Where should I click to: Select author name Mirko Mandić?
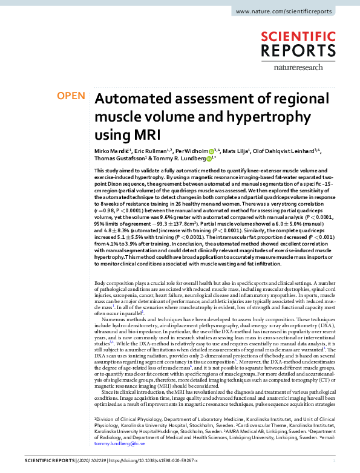(x=110, y=150)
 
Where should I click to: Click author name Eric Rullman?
(x=146, y=150)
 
